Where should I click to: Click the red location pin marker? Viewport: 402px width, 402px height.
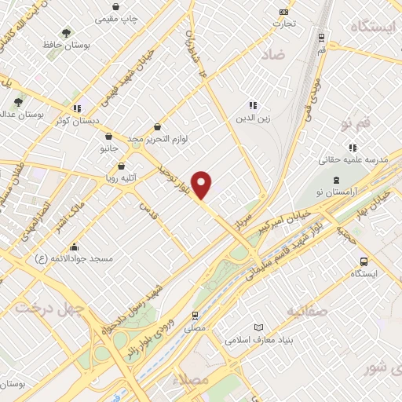click(203, 185)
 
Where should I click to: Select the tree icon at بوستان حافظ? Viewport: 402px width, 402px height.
click(66, 33)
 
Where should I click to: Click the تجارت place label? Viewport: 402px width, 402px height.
click(283, 24)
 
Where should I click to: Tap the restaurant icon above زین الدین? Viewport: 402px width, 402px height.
click(252, 105)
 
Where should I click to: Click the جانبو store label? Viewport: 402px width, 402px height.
click(108, 148)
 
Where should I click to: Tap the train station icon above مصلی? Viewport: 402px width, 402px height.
click(195, 316)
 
